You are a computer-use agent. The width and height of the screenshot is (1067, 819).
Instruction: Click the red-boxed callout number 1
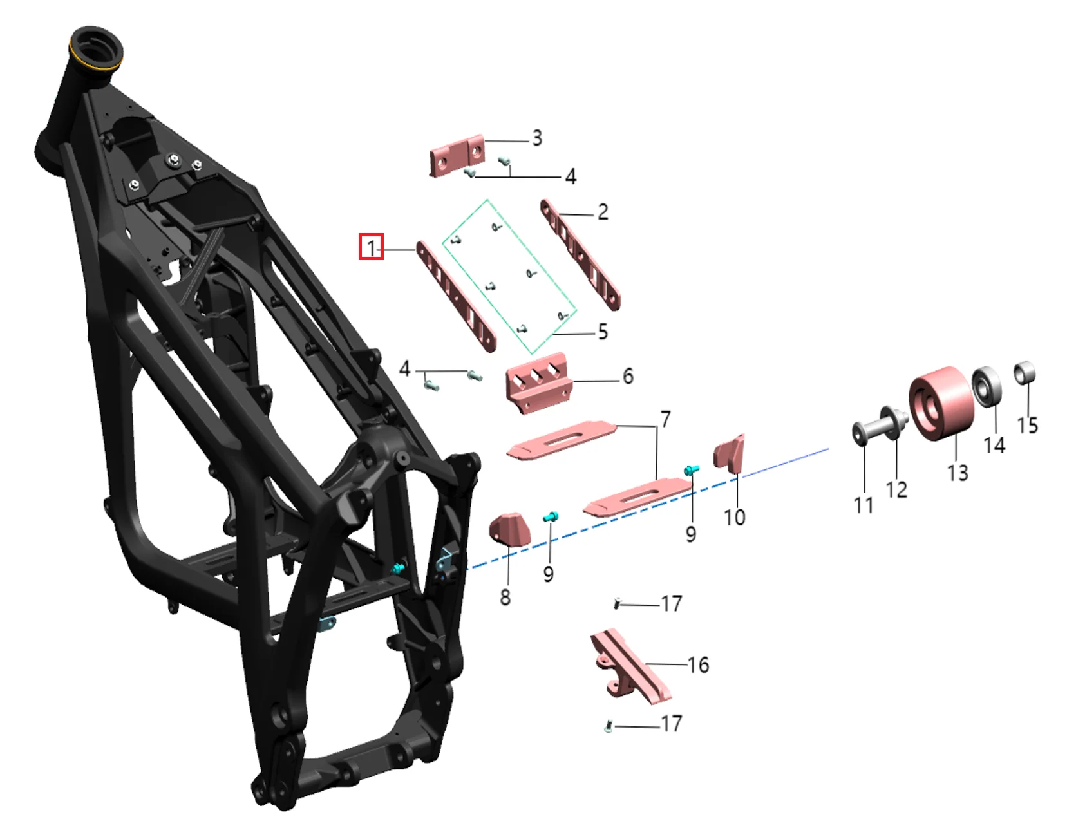coord(372,247)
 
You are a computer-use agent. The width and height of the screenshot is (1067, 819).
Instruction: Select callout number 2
coord(603,212)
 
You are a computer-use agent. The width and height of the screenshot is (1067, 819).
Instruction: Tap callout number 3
coord(537,138)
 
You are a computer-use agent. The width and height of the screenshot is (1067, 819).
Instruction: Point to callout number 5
coord(603,332)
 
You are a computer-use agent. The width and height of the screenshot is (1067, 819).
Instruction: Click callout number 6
coord(628,377)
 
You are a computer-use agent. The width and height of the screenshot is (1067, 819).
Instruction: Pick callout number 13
coord(958,473)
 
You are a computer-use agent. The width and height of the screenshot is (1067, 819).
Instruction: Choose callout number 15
coord(1027,425)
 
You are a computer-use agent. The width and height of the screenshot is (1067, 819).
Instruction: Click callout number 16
coord(698,665)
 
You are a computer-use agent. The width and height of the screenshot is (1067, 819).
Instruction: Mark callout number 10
coord(735,518)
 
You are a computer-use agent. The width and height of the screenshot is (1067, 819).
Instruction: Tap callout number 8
coord(505,598)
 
